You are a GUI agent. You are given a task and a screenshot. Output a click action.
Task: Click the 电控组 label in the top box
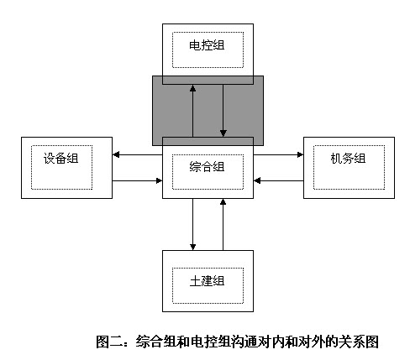[x=207, y=45]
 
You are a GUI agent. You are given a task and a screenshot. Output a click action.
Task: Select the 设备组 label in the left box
[x=60, y=159]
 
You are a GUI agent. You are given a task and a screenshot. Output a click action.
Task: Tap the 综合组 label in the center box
[x=207, y=167]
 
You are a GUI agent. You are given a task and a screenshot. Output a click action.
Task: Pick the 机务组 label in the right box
[x=348, y=159]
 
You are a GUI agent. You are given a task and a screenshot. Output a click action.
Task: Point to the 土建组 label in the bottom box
[x=207, y=281]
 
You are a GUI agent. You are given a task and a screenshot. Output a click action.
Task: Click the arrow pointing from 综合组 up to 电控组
[x=192, y=111]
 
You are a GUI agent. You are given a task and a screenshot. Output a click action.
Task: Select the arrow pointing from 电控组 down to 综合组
[x=223, y=111]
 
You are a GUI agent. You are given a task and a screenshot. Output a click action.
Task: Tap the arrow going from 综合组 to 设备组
[x=137, y=154]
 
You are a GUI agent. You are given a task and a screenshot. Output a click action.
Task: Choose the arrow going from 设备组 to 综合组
[x=137, y=180]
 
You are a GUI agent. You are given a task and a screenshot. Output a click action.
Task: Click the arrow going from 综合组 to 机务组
[x=278, y=154]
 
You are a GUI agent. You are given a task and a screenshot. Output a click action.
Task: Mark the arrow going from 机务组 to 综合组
[x=278, y=180]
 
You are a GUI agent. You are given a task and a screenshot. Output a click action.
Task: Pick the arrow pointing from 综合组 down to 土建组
[x=192, y=224]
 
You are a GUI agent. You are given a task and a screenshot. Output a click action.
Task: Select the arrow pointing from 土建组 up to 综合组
[x=223, y=224]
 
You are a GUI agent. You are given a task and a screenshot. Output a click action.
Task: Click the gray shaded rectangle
[x=208, y=111]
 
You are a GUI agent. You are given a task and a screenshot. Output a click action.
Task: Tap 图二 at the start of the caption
[x=109, y=342]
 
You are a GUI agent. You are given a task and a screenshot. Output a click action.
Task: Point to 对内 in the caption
[x=271, y=342]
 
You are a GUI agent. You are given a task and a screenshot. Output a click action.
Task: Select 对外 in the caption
[x=312, y=342]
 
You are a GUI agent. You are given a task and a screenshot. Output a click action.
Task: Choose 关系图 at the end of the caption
[x=359, y=342]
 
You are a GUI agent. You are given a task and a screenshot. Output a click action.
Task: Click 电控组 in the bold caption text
[x=211, y=342]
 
